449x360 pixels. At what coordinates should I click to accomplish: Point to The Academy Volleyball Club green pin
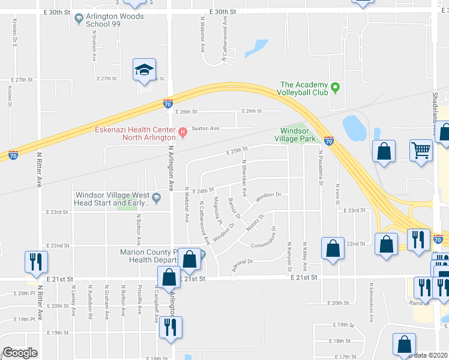pos(336,88)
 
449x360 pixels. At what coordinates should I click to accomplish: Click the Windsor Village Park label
pos(299,134)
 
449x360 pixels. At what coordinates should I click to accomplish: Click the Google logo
pos(20,353)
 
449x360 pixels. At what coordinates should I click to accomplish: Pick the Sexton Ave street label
pos(205,128)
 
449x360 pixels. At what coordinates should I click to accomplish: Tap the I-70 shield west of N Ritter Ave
pos(13,155)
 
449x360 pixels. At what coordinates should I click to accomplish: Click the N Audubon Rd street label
pos(90,293)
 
